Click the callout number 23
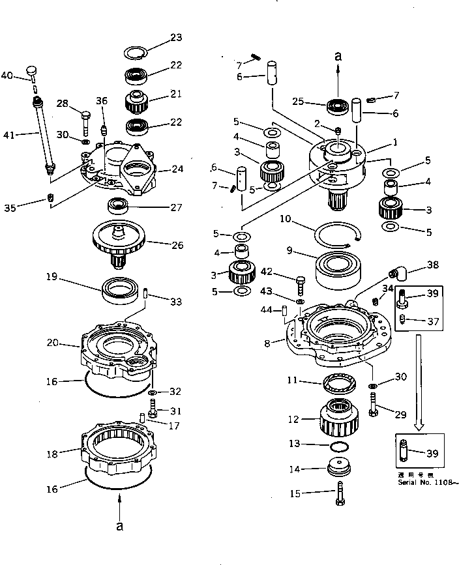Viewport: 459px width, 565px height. coord(177,38)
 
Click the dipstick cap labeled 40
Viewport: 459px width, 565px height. coord(32,71)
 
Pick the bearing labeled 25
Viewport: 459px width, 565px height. coord(338,105)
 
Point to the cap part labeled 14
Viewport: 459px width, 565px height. coord(338,467)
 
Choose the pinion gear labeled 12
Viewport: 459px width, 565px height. coord(338,416)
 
